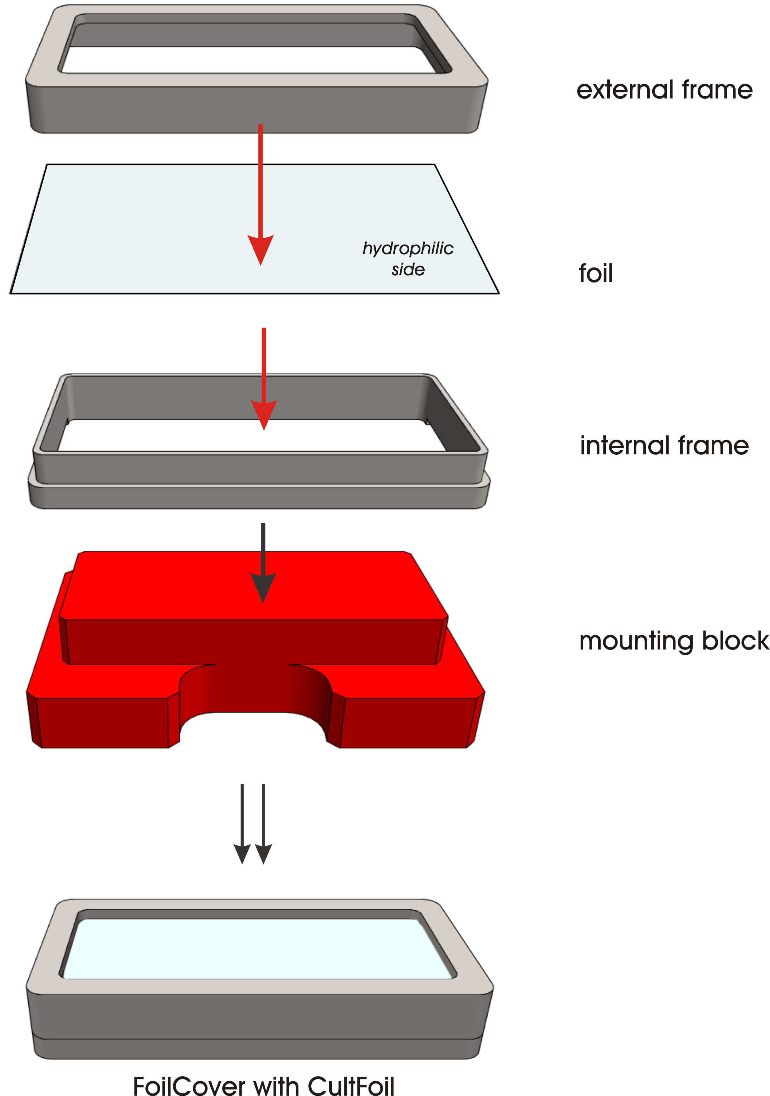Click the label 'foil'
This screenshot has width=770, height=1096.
[x=595, y=273]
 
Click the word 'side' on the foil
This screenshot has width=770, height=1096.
[x=408, y=270]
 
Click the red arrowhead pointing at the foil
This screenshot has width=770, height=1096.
[x=260, y=249]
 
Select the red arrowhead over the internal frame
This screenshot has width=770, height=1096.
[x=264, y=414]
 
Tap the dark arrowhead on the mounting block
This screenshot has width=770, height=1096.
[x=263, y=588]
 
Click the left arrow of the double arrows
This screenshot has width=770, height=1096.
[x=242, y=824]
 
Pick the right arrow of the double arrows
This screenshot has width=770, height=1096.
[x=263, y=824]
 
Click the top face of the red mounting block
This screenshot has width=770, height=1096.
[x=253, y=585]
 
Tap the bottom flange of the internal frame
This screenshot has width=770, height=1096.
[x=259, y=497]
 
